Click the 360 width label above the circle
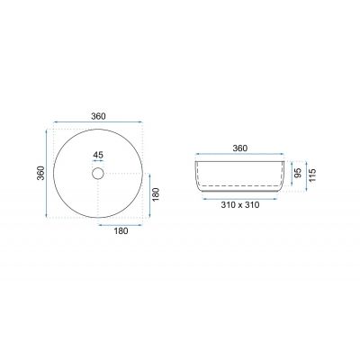click(x=98, y=116)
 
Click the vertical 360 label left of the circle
click(x=40, y=173)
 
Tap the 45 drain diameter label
click(x=98, y=155)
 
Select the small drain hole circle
click(x=98, y=174)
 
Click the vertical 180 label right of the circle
click(x=156, y=194)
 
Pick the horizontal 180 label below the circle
click(x=121, y=231)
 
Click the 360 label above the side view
click(x=240, y=148)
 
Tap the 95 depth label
click(x=298, y=173)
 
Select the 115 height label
click(x=312, y=175)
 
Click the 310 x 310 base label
click(x=240, y=205)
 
